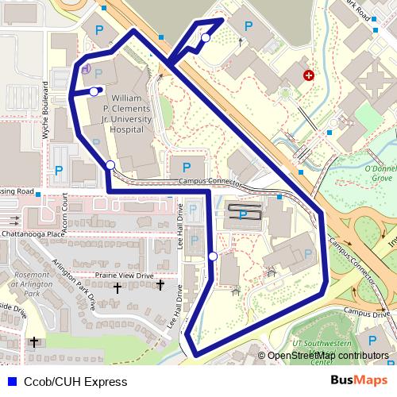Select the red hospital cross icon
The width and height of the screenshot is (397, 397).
[x=308, y=75]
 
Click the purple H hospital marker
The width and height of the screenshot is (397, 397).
[x=85, y=69]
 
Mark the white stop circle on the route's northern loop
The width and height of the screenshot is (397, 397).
[x=206, y=37]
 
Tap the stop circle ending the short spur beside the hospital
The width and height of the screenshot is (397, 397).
[x=94, y=91]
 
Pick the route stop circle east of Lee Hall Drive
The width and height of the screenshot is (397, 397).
[x=213, y=256]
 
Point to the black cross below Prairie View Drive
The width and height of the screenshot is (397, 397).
[x=160, y=284]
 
